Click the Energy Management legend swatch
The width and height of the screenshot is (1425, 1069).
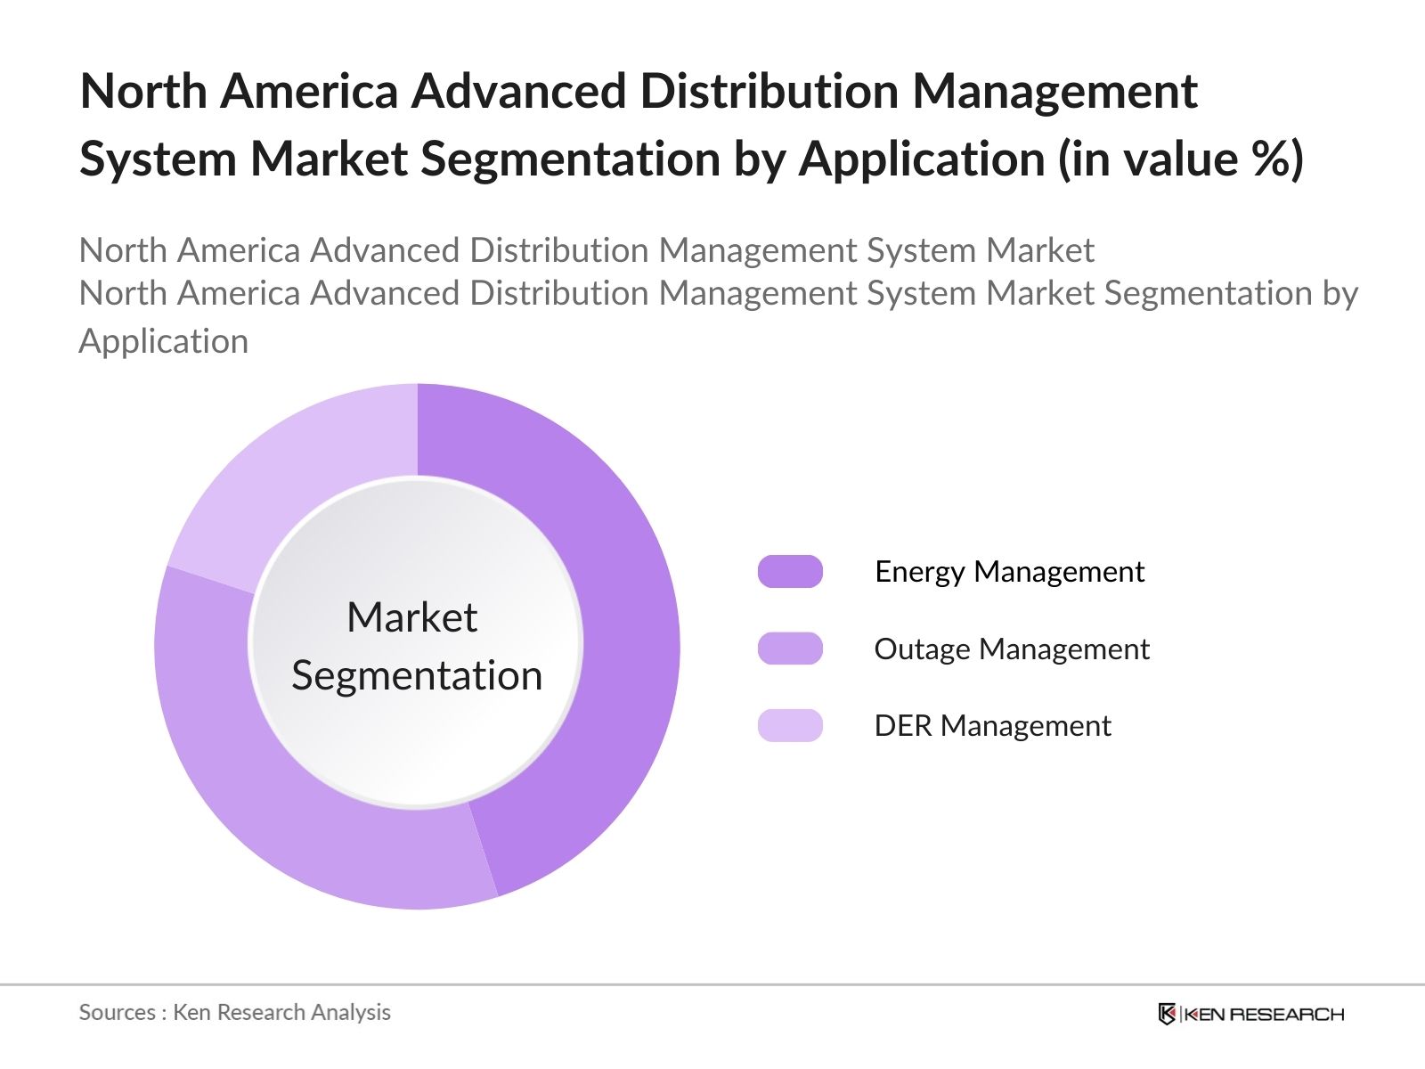[790, 572]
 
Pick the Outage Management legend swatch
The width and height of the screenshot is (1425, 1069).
[790, 649]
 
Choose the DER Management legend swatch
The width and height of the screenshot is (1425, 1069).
[790, 725]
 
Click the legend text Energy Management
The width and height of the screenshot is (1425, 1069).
[1009, 572]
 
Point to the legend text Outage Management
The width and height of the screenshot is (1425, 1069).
[1011, 649]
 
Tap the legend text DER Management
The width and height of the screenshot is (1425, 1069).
[992, 726]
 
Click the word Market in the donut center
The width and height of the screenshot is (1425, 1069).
[411, 617]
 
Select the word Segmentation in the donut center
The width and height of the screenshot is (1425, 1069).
[417, 675]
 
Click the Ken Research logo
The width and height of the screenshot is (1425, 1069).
[1251, 1014]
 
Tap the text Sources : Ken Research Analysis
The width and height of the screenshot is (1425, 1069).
[234, 1012]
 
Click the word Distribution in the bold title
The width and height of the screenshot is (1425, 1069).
[769, 91]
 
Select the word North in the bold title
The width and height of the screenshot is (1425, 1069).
[143, 91]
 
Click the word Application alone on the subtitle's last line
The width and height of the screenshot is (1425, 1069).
[163, 342]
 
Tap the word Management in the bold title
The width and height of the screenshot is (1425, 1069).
[1054, 93]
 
